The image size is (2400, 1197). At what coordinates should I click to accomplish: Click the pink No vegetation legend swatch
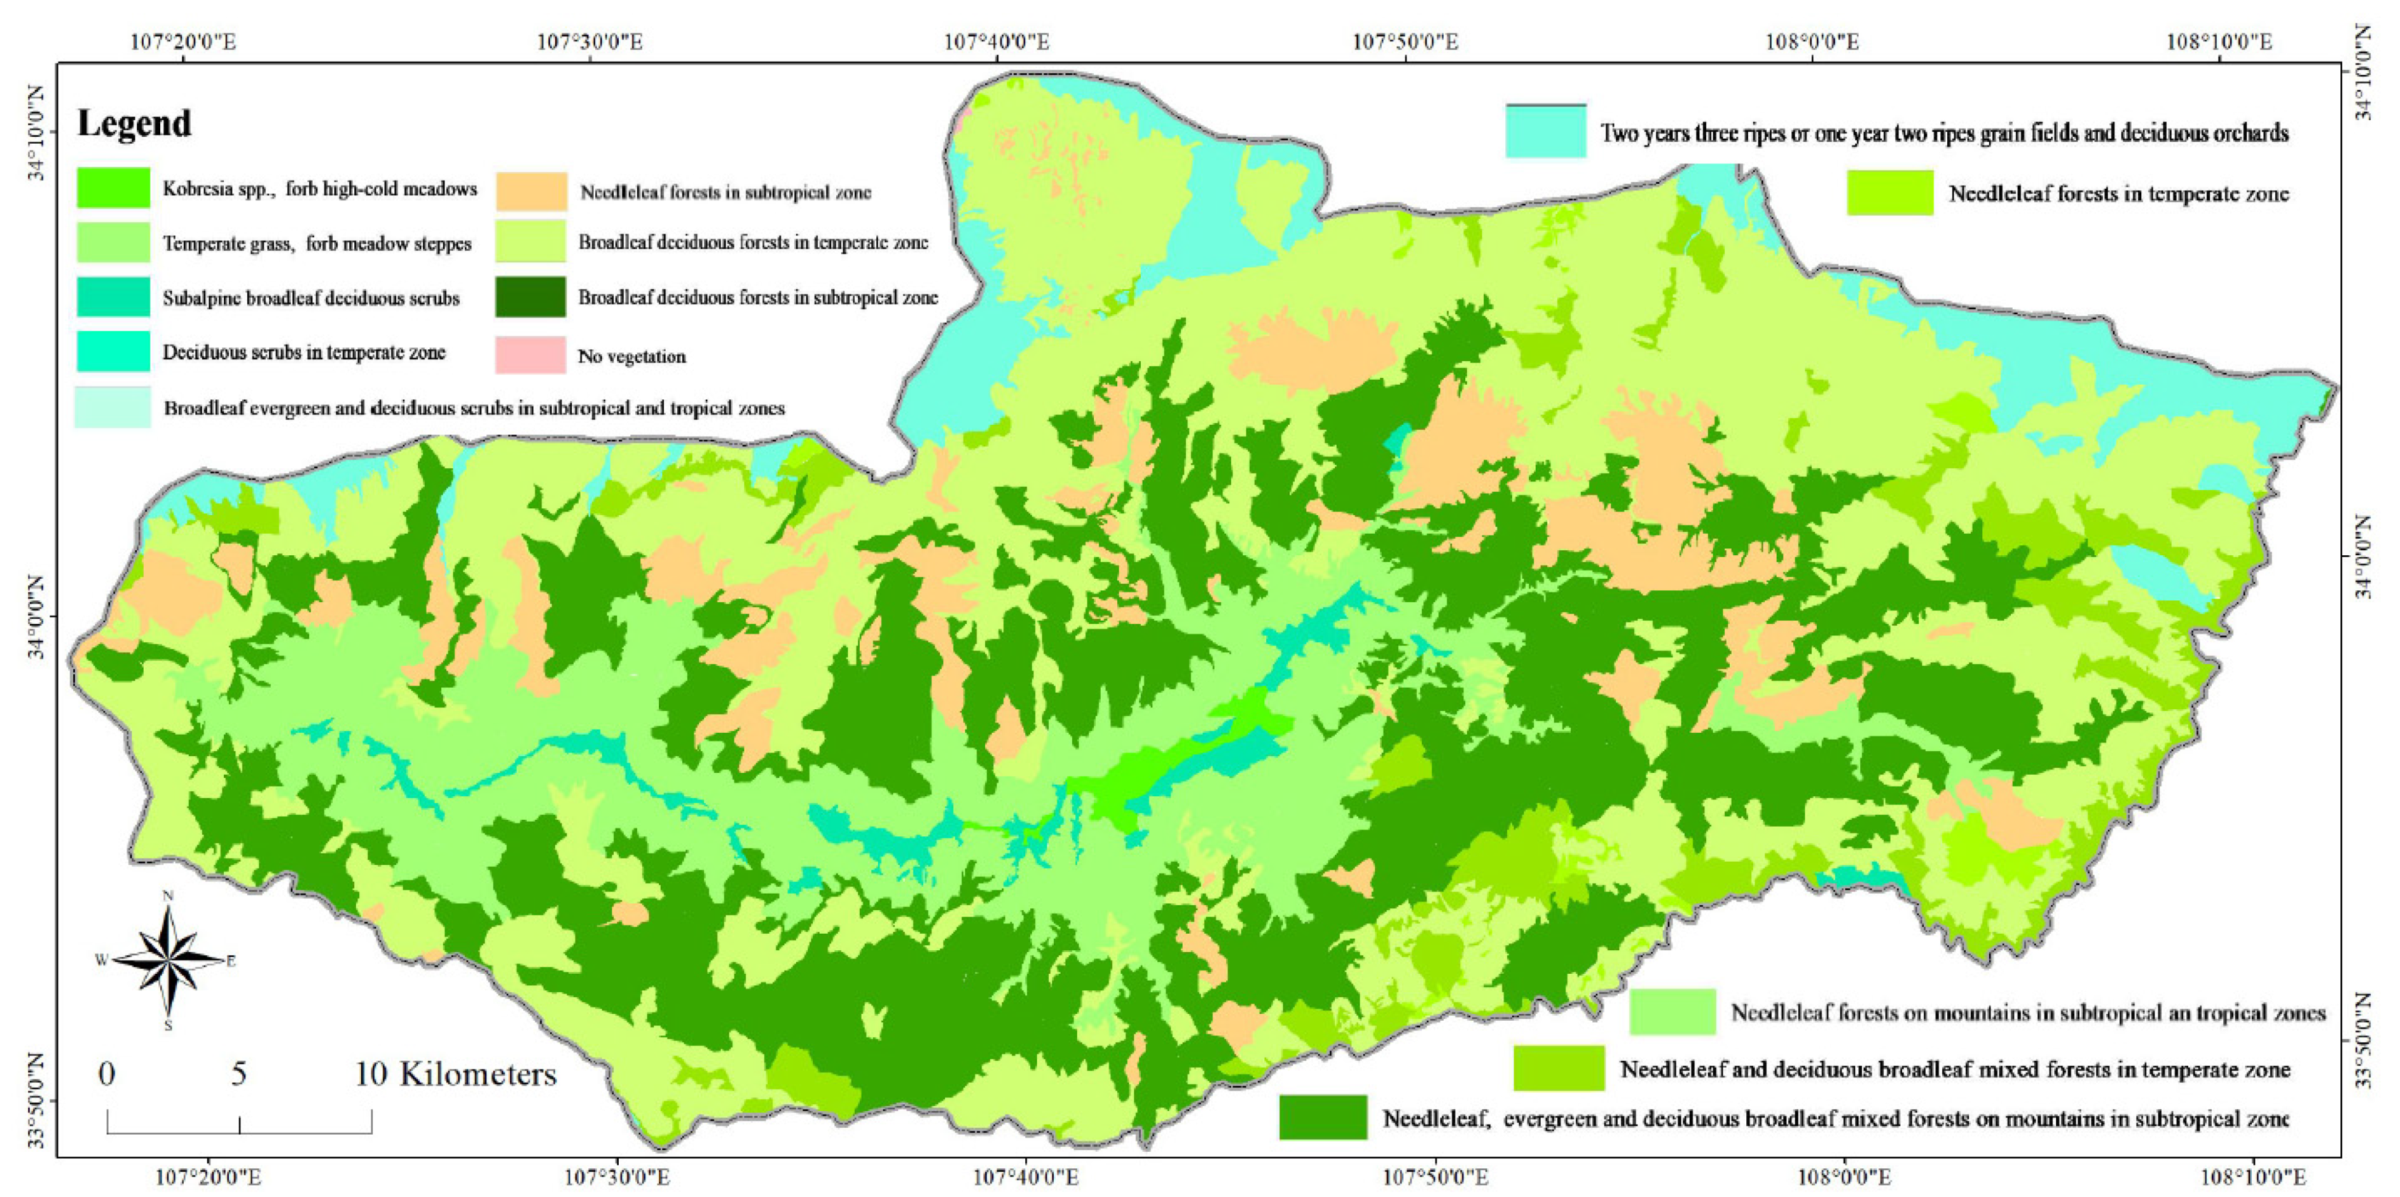(x=530, y=355)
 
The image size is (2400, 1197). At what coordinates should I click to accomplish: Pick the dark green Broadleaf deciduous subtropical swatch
(x=530, y=297)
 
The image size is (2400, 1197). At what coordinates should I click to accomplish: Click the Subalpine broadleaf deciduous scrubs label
(x=311, y=298)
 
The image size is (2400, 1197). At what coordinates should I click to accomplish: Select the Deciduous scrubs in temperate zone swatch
(x=113, y=351)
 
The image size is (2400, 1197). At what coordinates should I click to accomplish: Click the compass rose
(x=169, y=960)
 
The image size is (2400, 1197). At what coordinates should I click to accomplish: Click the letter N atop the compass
(x=169, y=896)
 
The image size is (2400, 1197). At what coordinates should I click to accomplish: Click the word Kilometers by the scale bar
(x=478, y=1074)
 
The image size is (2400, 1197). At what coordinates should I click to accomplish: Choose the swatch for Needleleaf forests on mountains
(x=1672, y=1012)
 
